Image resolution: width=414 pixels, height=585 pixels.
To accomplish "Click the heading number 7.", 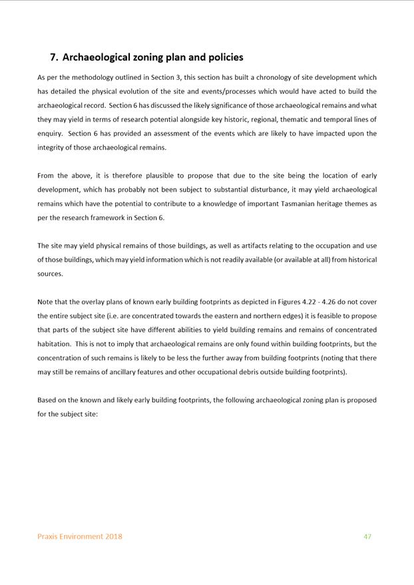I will coord(54,57).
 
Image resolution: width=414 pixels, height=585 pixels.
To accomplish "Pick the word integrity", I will coord(52,148).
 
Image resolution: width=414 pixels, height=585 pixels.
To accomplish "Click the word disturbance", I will coord(260,190).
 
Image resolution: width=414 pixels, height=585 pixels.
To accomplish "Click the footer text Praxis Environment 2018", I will coord(80,536).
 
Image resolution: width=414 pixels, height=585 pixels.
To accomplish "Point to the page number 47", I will coord(367,536).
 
